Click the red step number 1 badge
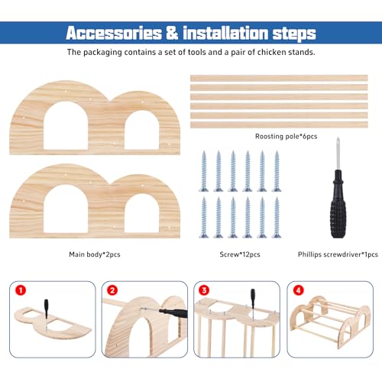(x=21, y=290)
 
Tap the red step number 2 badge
(x=112, y=290)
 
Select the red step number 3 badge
(x=204, y=290)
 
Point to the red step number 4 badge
(x=299, y=290)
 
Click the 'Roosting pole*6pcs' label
(x=286, y=137)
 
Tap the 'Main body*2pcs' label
(x=95, y=254)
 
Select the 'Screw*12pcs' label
(x=240, y=254)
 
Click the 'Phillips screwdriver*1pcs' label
(x=338, y=254)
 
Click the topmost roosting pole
(x=279, y=78)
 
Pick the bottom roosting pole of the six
(x=279, y=125)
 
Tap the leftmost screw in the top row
(x=204, y=171)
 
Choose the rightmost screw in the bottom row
(x=277, y=218)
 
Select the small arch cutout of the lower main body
(x=141, y=213)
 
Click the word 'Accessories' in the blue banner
(x=114, y=33)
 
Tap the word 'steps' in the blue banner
(x=294, y=34)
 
